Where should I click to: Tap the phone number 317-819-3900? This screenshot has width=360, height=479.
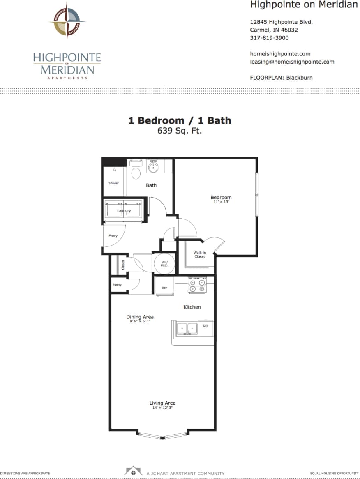(x=269, y=38)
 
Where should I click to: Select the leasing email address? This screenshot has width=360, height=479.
(x=292, y=62)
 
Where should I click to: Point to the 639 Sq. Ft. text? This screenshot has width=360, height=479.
(x=180, y=131)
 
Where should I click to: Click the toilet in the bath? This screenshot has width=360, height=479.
(x=135, y=171)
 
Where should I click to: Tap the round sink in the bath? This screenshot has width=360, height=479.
(x=153, y=167)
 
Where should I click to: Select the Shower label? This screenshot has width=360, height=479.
(x=113, y=183)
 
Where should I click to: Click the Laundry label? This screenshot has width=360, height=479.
(x=124, y=211)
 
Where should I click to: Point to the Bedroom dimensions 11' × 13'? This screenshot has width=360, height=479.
(x=221, y=202)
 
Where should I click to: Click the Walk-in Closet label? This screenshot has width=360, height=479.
(x=200, y=255)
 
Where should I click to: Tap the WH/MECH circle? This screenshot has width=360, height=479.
(x=164, y=263)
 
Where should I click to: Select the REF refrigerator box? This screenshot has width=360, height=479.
(x=164, y=288)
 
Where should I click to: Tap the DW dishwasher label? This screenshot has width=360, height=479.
(x=205, y=325)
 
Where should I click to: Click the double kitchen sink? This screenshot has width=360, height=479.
(x=187, y=329)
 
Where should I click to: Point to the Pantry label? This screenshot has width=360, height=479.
(x=117, y=285)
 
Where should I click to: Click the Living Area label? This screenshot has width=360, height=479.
(x=162, y=403)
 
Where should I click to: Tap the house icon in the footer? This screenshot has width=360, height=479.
(x=133, y=471)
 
